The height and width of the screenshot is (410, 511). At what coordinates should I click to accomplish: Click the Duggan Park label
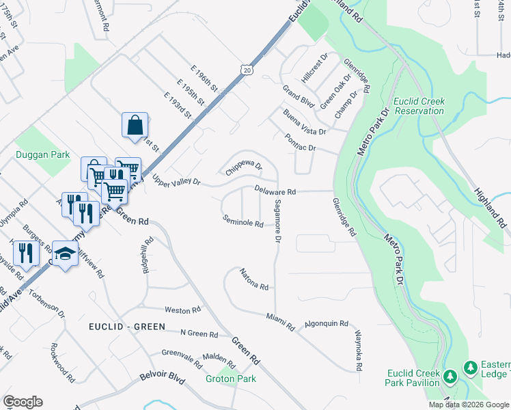43,155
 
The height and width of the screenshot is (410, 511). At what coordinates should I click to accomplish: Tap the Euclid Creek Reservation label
419,106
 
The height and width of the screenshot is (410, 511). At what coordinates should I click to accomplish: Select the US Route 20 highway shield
247,69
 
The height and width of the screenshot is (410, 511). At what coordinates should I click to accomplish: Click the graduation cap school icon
65,255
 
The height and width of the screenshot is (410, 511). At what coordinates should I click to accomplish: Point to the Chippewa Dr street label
244,165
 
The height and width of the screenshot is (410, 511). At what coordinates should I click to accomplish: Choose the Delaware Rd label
275,191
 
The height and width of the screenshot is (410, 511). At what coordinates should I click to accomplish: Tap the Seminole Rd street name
243,222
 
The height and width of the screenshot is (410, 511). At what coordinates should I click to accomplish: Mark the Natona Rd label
253,278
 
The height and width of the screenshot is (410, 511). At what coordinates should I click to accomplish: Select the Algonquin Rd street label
326,323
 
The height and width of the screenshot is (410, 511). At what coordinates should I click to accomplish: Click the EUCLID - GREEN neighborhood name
127,327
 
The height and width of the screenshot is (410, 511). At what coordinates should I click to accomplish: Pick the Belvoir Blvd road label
163,376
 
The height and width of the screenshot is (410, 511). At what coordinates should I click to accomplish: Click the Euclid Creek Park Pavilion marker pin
450,377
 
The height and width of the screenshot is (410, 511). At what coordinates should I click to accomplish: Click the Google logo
23,402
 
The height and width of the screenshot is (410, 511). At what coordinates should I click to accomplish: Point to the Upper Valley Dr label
176,180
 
